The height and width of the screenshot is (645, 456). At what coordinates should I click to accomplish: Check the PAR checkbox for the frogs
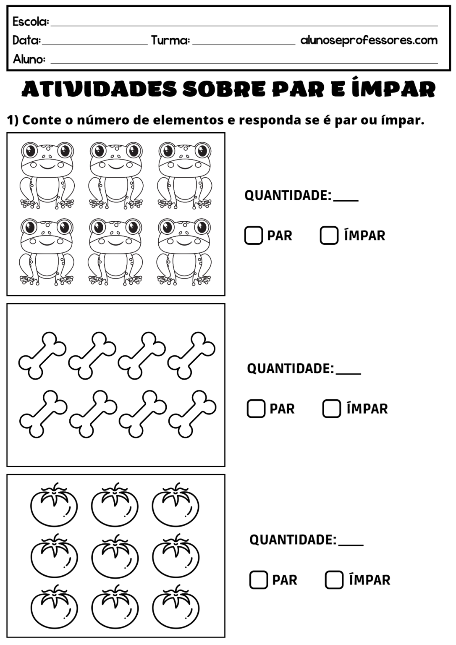(253, 235)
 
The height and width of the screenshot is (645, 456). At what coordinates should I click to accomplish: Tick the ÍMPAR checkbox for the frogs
(329, 235)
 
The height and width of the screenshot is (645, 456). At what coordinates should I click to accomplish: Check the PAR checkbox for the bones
(256, 408)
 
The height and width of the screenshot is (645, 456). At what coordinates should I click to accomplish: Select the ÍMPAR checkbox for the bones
(331, 408)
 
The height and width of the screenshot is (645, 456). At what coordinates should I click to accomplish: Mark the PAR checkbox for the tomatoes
(258, 580)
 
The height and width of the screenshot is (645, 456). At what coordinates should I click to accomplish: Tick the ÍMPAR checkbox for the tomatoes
(334, 580)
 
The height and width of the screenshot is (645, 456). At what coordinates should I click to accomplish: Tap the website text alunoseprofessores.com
(369, 40)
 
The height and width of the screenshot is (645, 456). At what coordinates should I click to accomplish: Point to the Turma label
(170, 40)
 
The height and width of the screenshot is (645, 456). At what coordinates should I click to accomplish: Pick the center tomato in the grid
(115, 556)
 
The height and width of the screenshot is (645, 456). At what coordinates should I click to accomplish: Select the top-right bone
(191, 355)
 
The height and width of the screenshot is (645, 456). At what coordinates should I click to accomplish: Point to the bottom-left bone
(43, 413)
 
